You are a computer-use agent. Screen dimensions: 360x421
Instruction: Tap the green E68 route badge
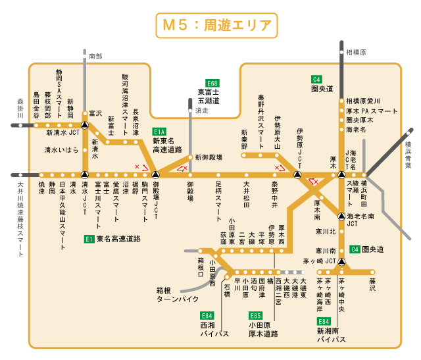click(x=212, y=84)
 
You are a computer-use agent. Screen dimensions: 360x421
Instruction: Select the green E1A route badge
click(x=160, y=131)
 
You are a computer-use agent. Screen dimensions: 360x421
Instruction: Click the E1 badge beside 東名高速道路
click(x=89, y=239)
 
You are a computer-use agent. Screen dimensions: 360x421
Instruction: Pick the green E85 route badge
click(x=255, y=315)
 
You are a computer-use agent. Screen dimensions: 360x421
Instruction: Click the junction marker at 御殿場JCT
click(x=156, y=176)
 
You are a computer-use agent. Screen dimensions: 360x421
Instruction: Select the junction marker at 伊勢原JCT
click(x=297, y=176)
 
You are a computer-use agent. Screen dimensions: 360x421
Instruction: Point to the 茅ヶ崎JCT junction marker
click(x=341, y=261)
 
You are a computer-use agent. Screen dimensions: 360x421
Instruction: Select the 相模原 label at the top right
click(x=356, y=51)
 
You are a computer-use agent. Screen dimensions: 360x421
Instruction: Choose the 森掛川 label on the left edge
click(x=20, y=109)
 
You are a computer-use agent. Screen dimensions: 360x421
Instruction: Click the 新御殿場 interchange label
click(x=208, y=158)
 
